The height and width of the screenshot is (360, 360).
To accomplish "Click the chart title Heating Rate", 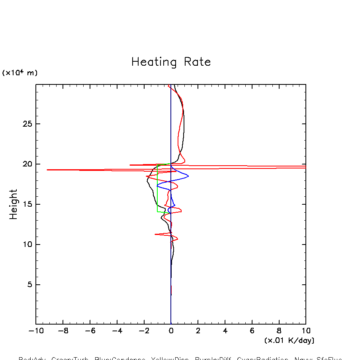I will pyautogui.click(x=171, y=62).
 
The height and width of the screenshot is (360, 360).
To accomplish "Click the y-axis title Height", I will pyautogui.click(x=14, y=204).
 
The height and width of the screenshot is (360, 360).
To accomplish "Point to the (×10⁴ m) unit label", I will pyautogui.click(x=20, y=73).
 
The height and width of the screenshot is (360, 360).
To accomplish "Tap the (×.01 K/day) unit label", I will pyautogui.click(x=289, y=340).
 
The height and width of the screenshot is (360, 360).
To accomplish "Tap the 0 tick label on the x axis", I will pyautogui.click(x=171, y=331).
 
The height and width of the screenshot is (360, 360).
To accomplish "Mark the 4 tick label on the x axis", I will pyautogui.click(x=225, y=331).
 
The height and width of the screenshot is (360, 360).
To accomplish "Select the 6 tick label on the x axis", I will pyautogui.click(x=252, y=331).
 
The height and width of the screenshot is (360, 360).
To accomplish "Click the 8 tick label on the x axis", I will pyautogui.click(x=279, y=331).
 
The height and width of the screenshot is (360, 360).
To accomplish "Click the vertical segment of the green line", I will pyautogui.click(x=157, y=187).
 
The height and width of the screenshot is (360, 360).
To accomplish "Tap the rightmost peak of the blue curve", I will pyautogui.click(x=188, y=176).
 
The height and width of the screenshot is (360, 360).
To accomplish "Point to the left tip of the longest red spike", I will pyautogui.click(x=47, y=170).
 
